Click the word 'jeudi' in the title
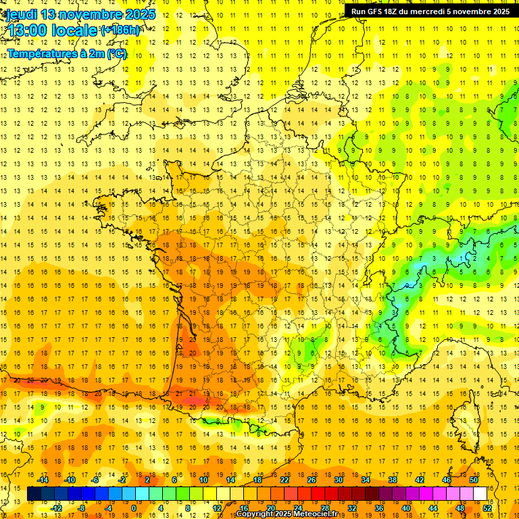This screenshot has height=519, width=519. point(21,14)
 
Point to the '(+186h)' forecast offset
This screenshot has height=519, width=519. point(120,30)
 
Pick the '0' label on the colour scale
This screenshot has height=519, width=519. point(133,508)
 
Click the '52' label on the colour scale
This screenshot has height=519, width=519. point(487,508)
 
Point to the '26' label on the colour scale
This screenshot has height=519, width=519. point(312,480)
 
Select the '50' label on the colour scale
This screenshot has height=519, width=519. point(474,480)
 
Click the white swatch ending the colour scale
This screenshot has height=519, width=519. point(480,494)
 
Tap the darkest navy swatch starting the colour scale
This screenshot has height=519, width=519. point(34,494)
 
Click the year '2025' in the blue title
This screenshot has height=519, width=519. point(136,14)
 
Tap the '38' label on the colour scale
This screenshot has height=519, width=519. point(393,480)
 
